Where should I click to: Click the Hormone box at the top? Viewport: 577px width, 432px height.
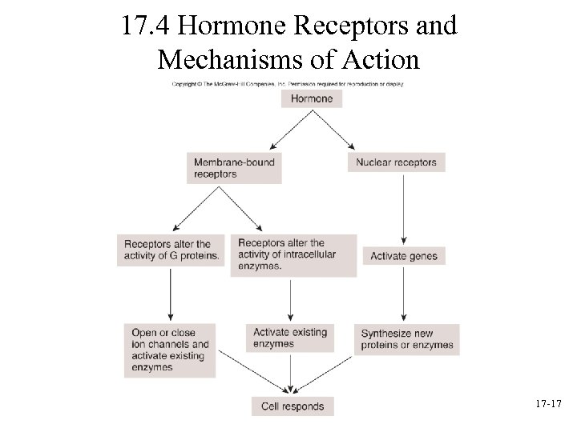[x=312, y=98]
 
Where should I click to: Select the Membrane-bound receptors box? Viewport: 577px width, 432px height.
[x=234, y=168]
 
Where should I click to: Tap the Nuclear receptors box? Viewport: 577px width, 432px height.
[x=397, y=162]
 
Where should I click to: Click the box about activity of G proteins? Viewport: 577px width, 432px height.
[x=171, y=250]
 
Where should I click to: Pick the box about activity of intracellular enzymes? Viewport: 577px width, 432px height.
[x=293, y=255]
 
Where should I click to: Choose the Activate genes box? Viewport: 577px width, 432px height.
[x=404, y=256]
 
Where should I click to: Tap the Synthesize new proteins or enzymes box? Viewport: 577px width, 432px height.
[x=407, y=340]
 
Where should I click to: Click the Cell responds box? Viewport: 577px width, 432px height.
[x=293, y=406]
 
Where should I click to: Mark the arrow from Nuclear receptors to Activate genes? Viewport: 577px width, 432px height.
[x=403, y=208]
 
